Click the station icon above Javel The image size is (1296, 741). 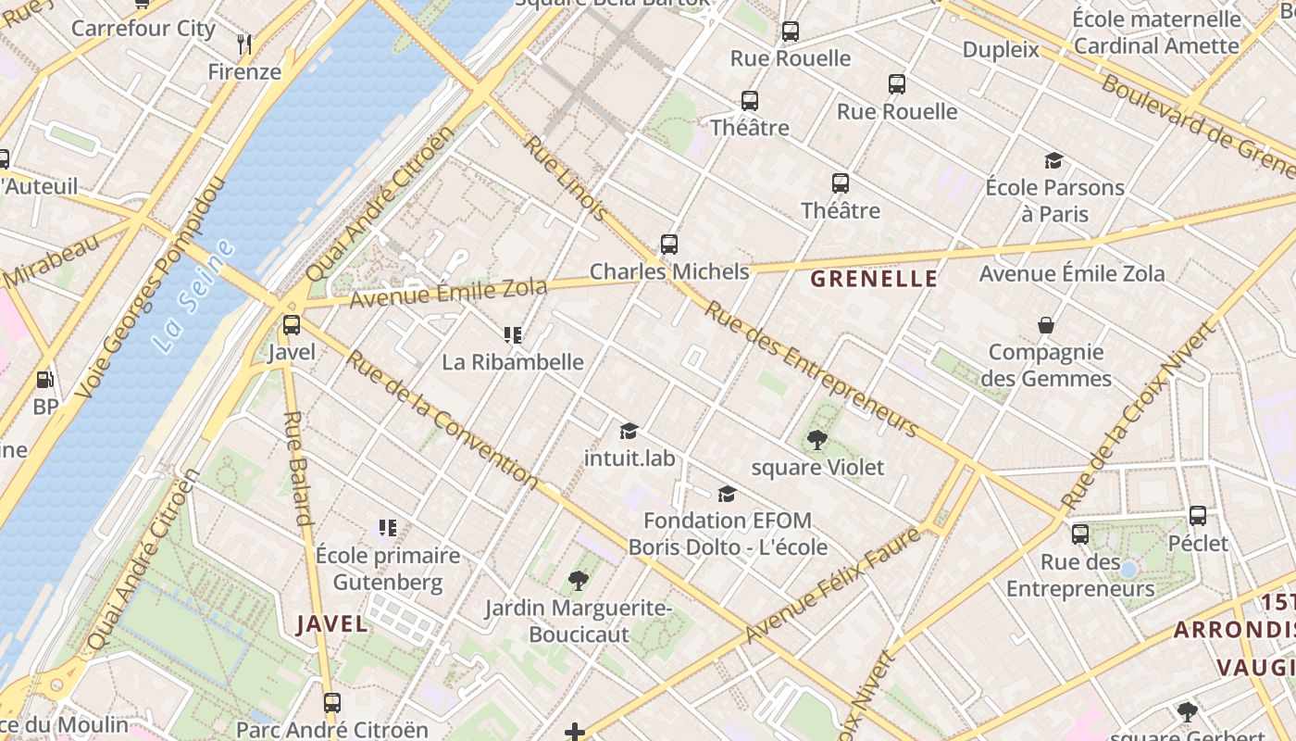click(x=292, y=325)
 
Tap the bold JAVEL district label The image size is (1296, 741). click(x=332, y=624)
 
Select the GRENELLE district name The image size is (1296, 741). click(x=874, y=279)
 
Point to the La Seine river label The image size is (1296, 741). click(x=193, y=296)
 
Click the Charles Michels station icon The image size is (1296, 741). click(x=669, y=245)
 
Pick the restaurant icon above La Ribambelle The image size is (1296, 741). click(x=512, y=335)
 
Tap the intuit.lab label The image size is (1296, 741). click(x=629, y=458)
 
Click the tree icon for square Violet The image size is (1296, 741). click(x=816, y=440)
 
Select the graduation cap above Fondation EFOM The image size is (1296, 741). click(x=728, y=494)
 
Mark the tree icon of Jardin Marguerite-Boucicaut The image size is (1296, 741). click(x=579, y=581)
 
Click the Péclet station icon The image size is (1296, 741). click(x=1198, y=516)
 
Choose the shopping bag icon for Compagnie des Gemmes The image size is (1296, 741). click(x=1046, y=325)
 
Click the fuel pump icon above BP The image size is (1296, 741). click(x=44, y=380)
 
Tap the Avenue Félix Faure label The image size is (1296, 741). click(x=833, y=584)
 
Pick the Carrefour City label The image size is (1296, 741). click(x=143, y=28)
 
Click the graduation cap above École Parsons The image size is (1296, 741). click(x=1053, y=160)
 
